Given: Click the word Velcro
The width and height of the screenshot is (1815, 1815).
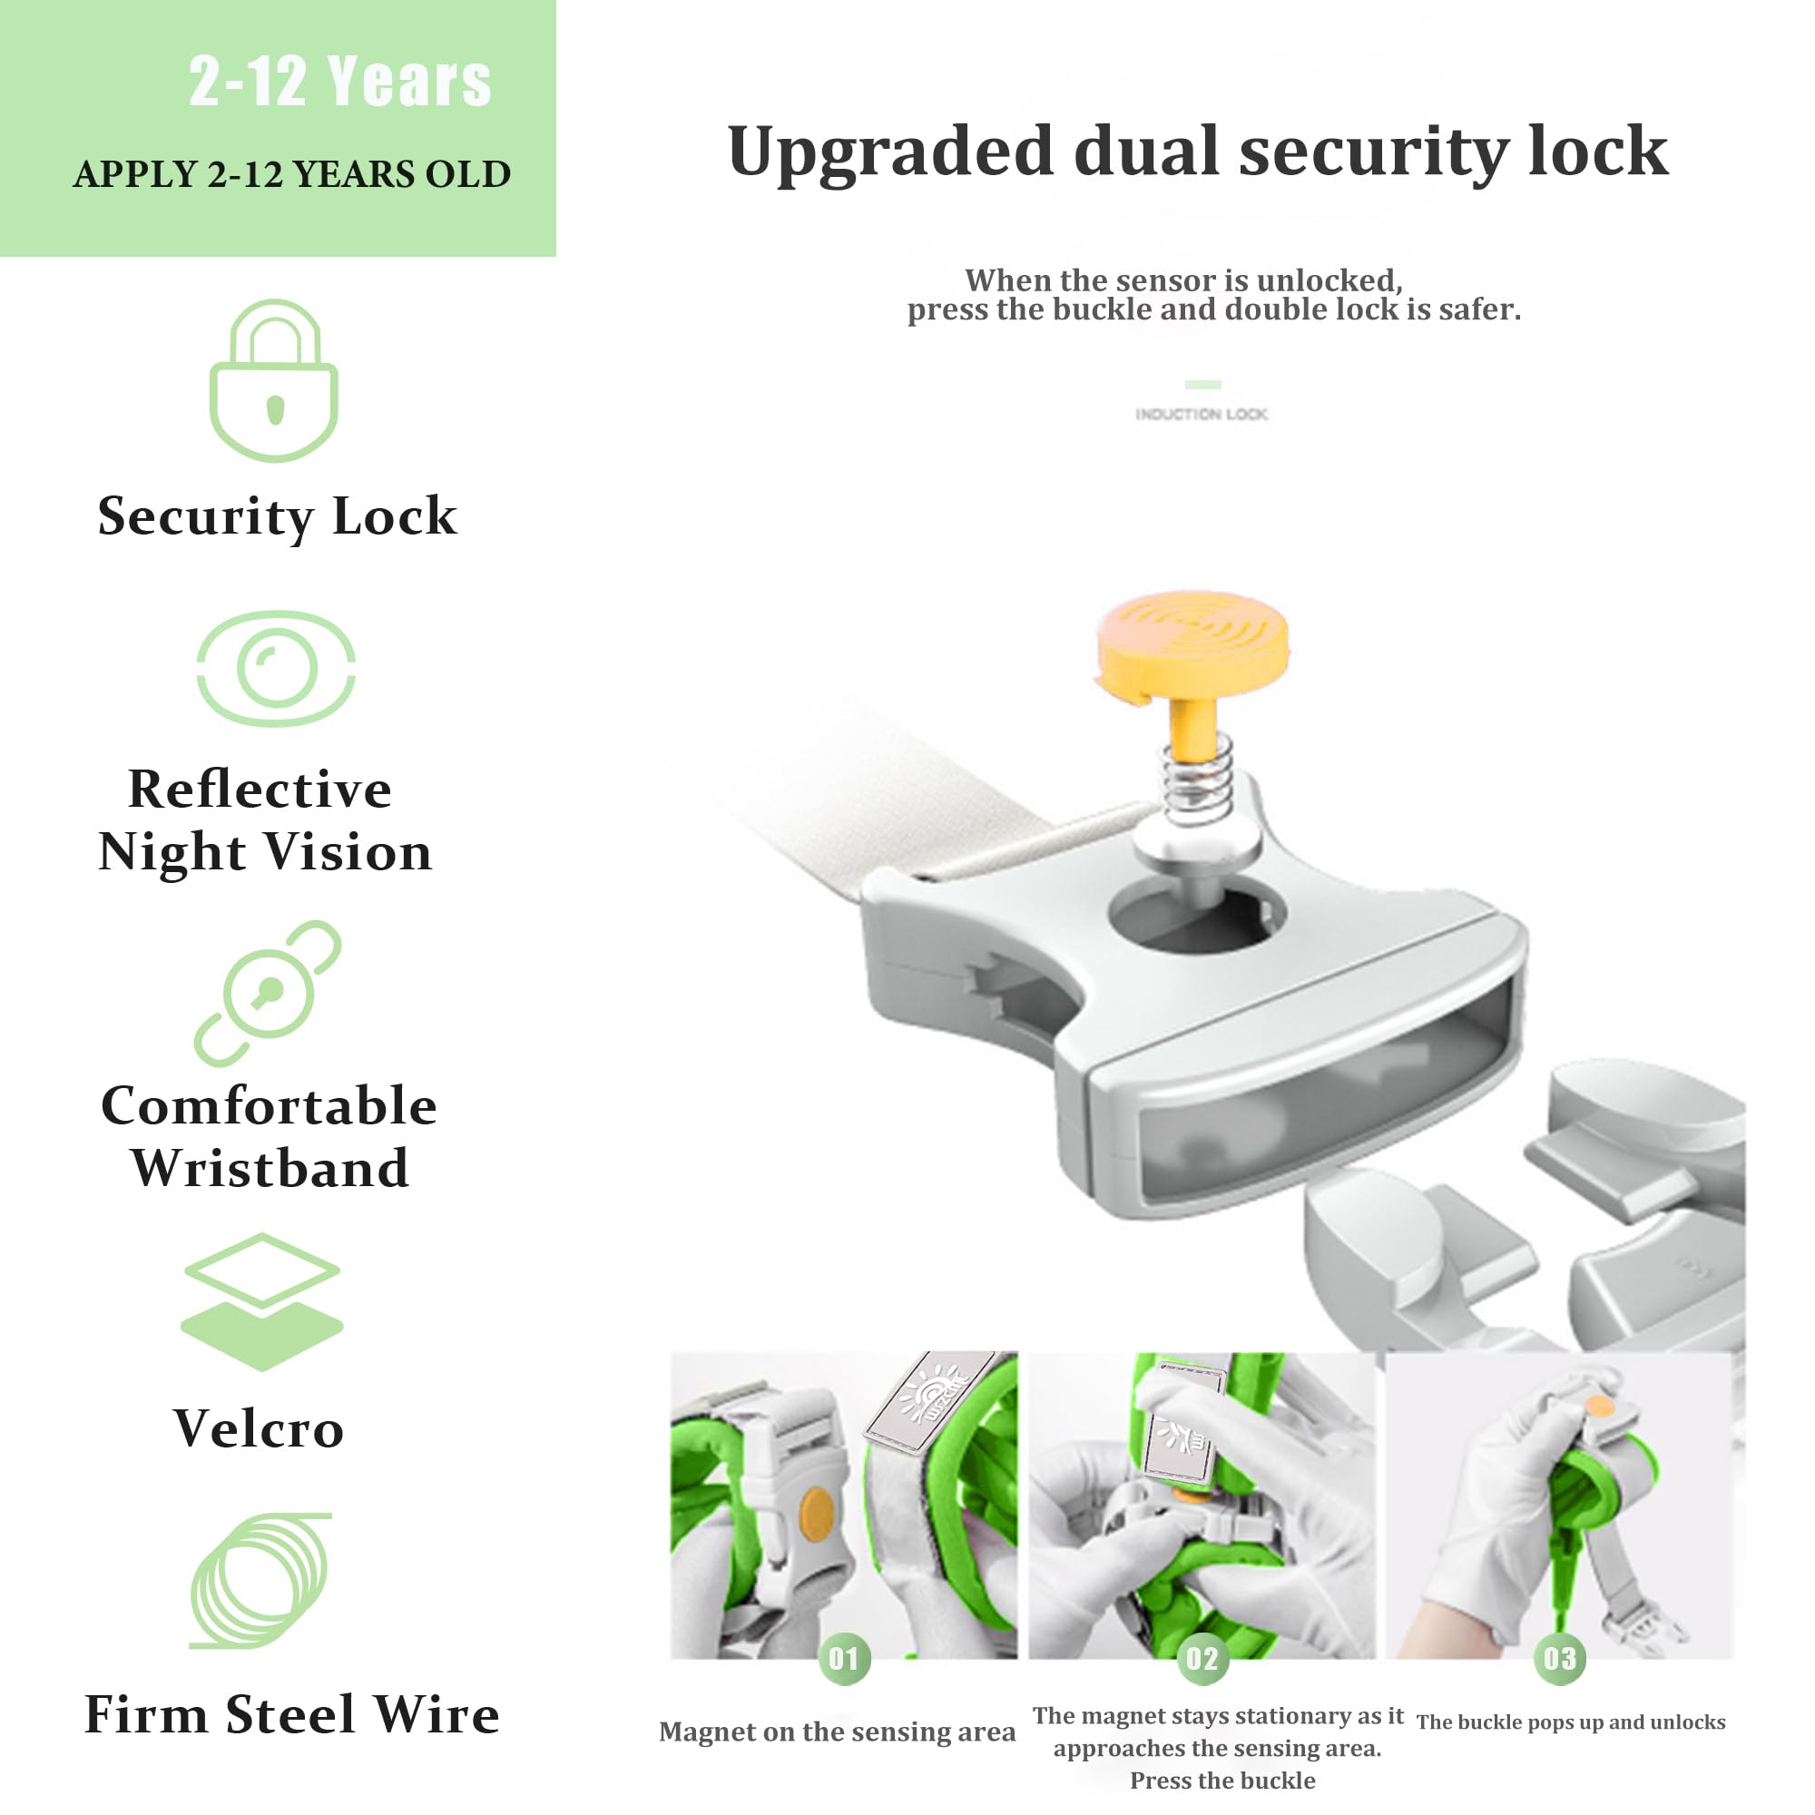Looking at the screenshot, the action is click(260, 1429).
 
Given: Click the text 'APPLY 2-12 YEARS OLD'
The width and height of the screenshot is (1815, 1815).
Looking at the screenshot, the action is click(292, 175).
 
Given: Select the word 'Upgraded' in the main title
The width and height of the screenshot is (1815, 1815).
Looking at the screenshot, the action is click(890, 152).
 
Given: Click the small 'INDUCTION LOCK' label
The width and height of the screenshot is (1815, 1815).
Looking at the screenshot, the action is click(1202, 415).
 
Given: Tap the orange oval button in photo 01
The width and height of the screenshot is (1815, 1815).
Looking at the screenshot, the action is click(816, 1515).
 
